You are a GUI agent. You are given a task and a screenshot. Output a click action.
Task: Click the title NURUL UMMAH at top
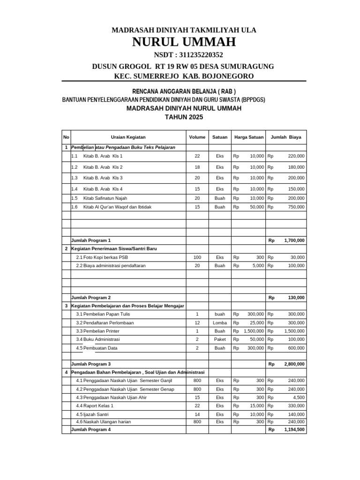tap(184, 43)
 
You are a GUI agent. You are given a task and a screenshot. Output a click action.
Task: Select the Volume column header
tap(197, 137)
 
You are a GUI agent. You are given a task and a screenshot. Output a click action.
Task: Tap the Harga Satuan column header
tap(249, 137)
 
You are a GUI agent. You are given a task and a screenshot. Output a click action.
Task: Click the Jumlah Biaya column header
tap(286, 137)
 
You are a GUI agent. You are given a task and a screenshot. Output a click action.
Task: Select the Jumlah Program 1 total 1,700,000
tap(294, 240)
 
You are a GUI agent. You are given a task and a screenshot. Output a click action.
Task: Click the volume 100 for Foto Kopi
tap(197, 257)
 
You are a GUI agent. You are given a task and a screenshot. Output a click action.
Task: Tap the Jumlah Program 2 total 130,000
tap(295, 298)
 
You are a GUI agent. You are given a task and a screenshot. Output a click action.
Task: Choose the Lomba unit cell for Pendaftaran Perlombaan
tap(220, 323)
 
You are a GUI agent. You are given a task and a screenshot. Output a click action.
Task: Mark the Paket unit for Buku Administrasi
tap(220, 339)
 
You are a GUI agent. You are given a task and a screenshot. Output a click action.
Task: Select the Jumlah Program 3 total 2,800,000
tap(294, 364)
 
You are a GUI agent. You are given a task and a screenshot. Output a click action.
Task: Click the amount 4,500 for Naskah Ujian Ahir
tap(299, 397)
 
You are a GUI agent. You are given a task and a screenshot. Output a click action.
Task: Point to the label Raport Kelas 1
tap(98, 405)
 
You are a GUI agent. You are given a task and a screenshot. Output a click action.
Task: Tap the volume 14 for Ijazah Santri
tap(197, 415)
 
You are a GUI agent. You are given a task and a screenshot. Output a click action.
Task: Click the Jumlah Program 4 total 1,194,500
tap(294, 429)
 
